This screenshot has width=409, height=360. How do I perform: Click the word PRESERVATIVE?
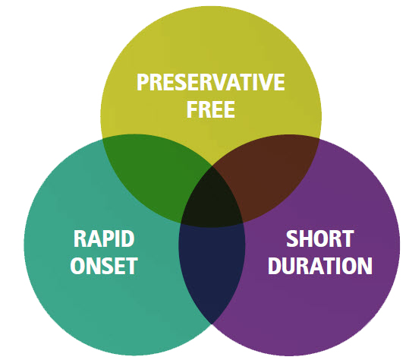pos(211,82)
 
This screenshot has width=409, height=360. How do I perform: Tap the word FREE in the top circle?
pos(211,109)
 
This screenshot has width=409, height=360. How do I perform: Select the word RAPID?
pos(104,238)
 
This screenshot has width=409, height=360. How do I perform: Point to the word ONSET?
pos(104,266)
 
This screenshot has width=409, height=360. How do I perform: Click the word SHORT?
pos(320,238)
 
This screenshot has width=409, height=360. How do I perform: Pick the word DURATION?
pos(320,266)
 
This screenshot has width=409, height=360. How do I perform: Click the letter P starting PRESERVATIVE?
pos(143,82)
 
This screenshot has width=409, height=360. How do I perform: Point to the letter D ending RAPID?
pos(127,238)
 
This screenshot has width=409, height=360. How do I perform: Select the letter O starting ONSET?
pos(77,266)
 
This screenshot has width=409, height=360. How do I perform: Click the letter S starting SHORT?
pos(292,238)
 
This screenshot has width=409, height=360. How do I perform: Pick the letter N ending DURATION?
pos(365,266)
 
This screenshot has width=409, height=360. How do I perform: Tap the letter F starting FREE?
pos(191,109)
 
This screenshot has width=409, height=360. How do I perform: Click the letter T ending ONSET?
pos(132,266)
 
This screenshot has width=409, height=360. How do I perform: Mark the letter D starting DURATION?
pos(275,266)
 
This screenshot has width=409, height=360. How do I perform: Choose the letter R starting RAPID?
pos(80,238)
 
